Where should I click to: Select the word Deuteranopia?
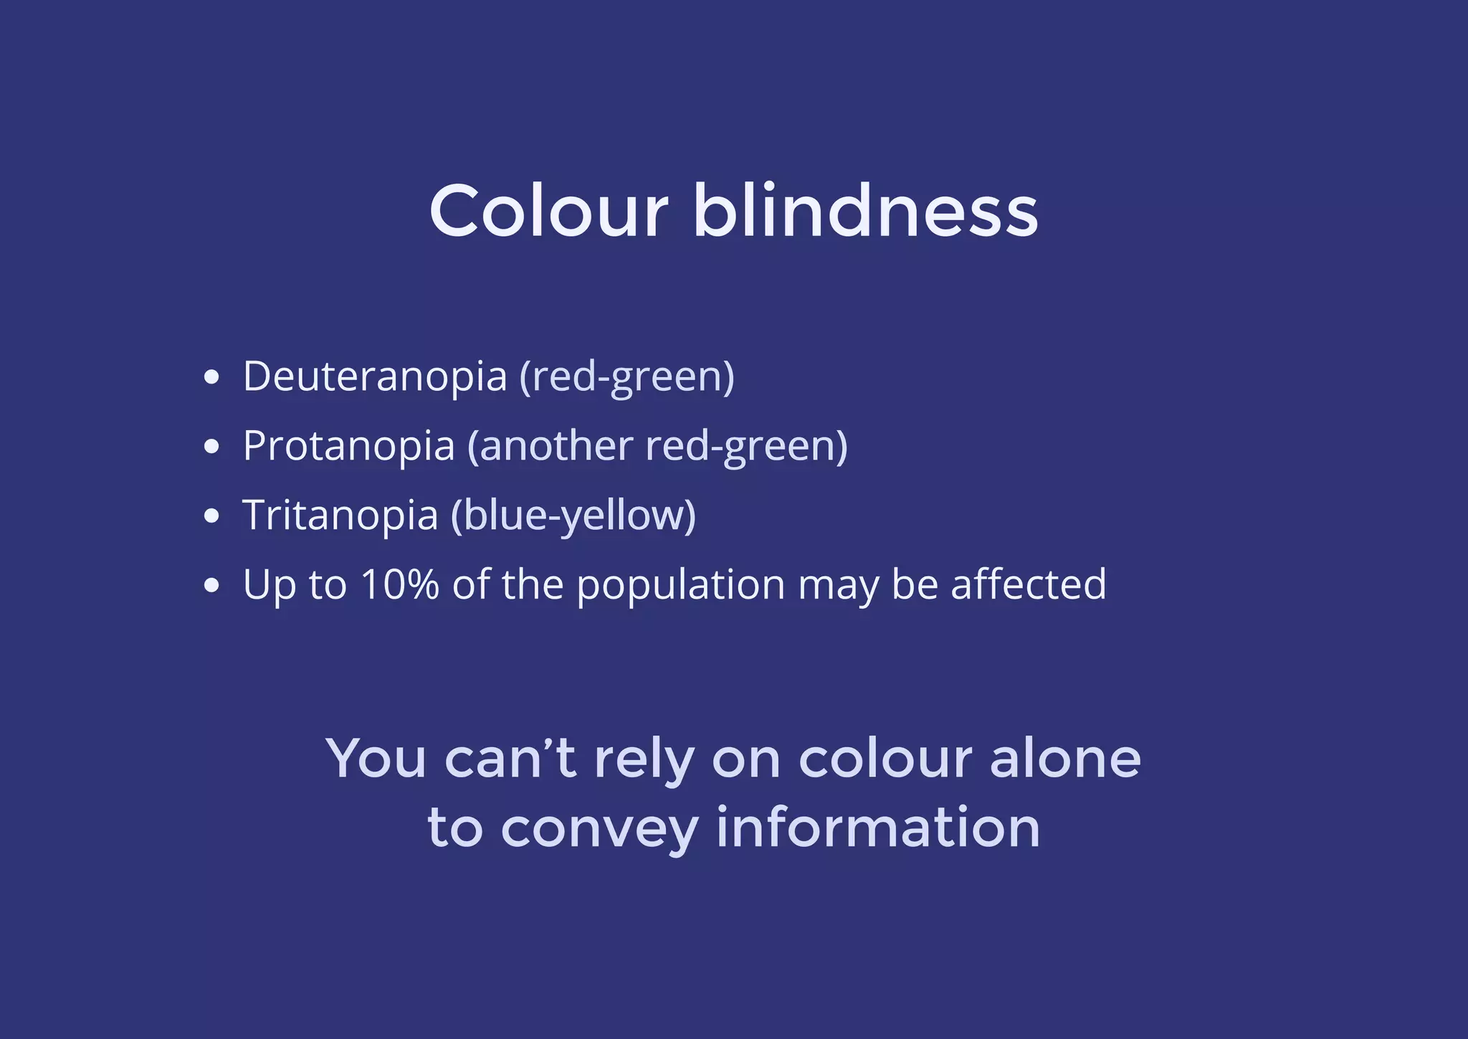[375, 376]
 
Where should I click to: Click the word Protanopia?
[349, 446]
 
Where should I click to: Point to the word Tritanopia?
[340, 516]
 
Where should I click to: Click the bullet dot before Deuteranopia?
[211, 378]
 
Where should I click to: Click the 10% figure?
[400, 584]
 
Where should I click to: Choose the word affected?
[1029, 584]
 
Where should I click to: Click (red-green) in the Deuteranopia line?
[627, 377]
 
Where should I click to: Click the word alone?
[1065, 759]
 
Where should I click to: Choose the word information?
[878, 827]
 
